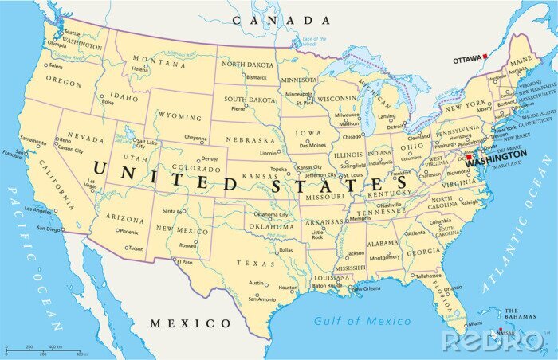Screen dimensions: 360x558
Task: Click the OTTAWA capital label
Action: (466, 60)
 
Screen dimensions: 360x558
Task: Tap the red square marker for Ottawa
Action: (485, 57)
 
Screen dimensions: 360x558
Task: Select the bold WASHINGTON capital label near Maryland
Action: (496, 155)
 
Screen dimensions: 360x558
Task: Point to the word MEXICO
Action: (191, 323)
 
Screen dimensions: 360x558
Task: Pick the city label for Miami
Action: (475, 324)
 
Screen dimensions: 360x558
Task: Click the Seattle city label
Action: (73, 33)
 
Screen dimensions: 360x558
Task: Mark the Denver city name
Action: (210, 158)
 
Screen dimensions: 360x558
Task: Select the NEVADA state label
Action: (85, 138)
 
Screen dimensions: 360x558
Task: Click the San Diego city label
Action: (49, 229)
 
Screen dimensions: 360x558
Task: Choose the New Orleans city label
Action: (367, 288)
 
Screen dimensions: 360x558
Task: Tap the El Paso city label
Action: (184, 261)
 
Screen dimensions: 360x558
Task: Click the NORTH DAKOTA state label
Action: (247, 64)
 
